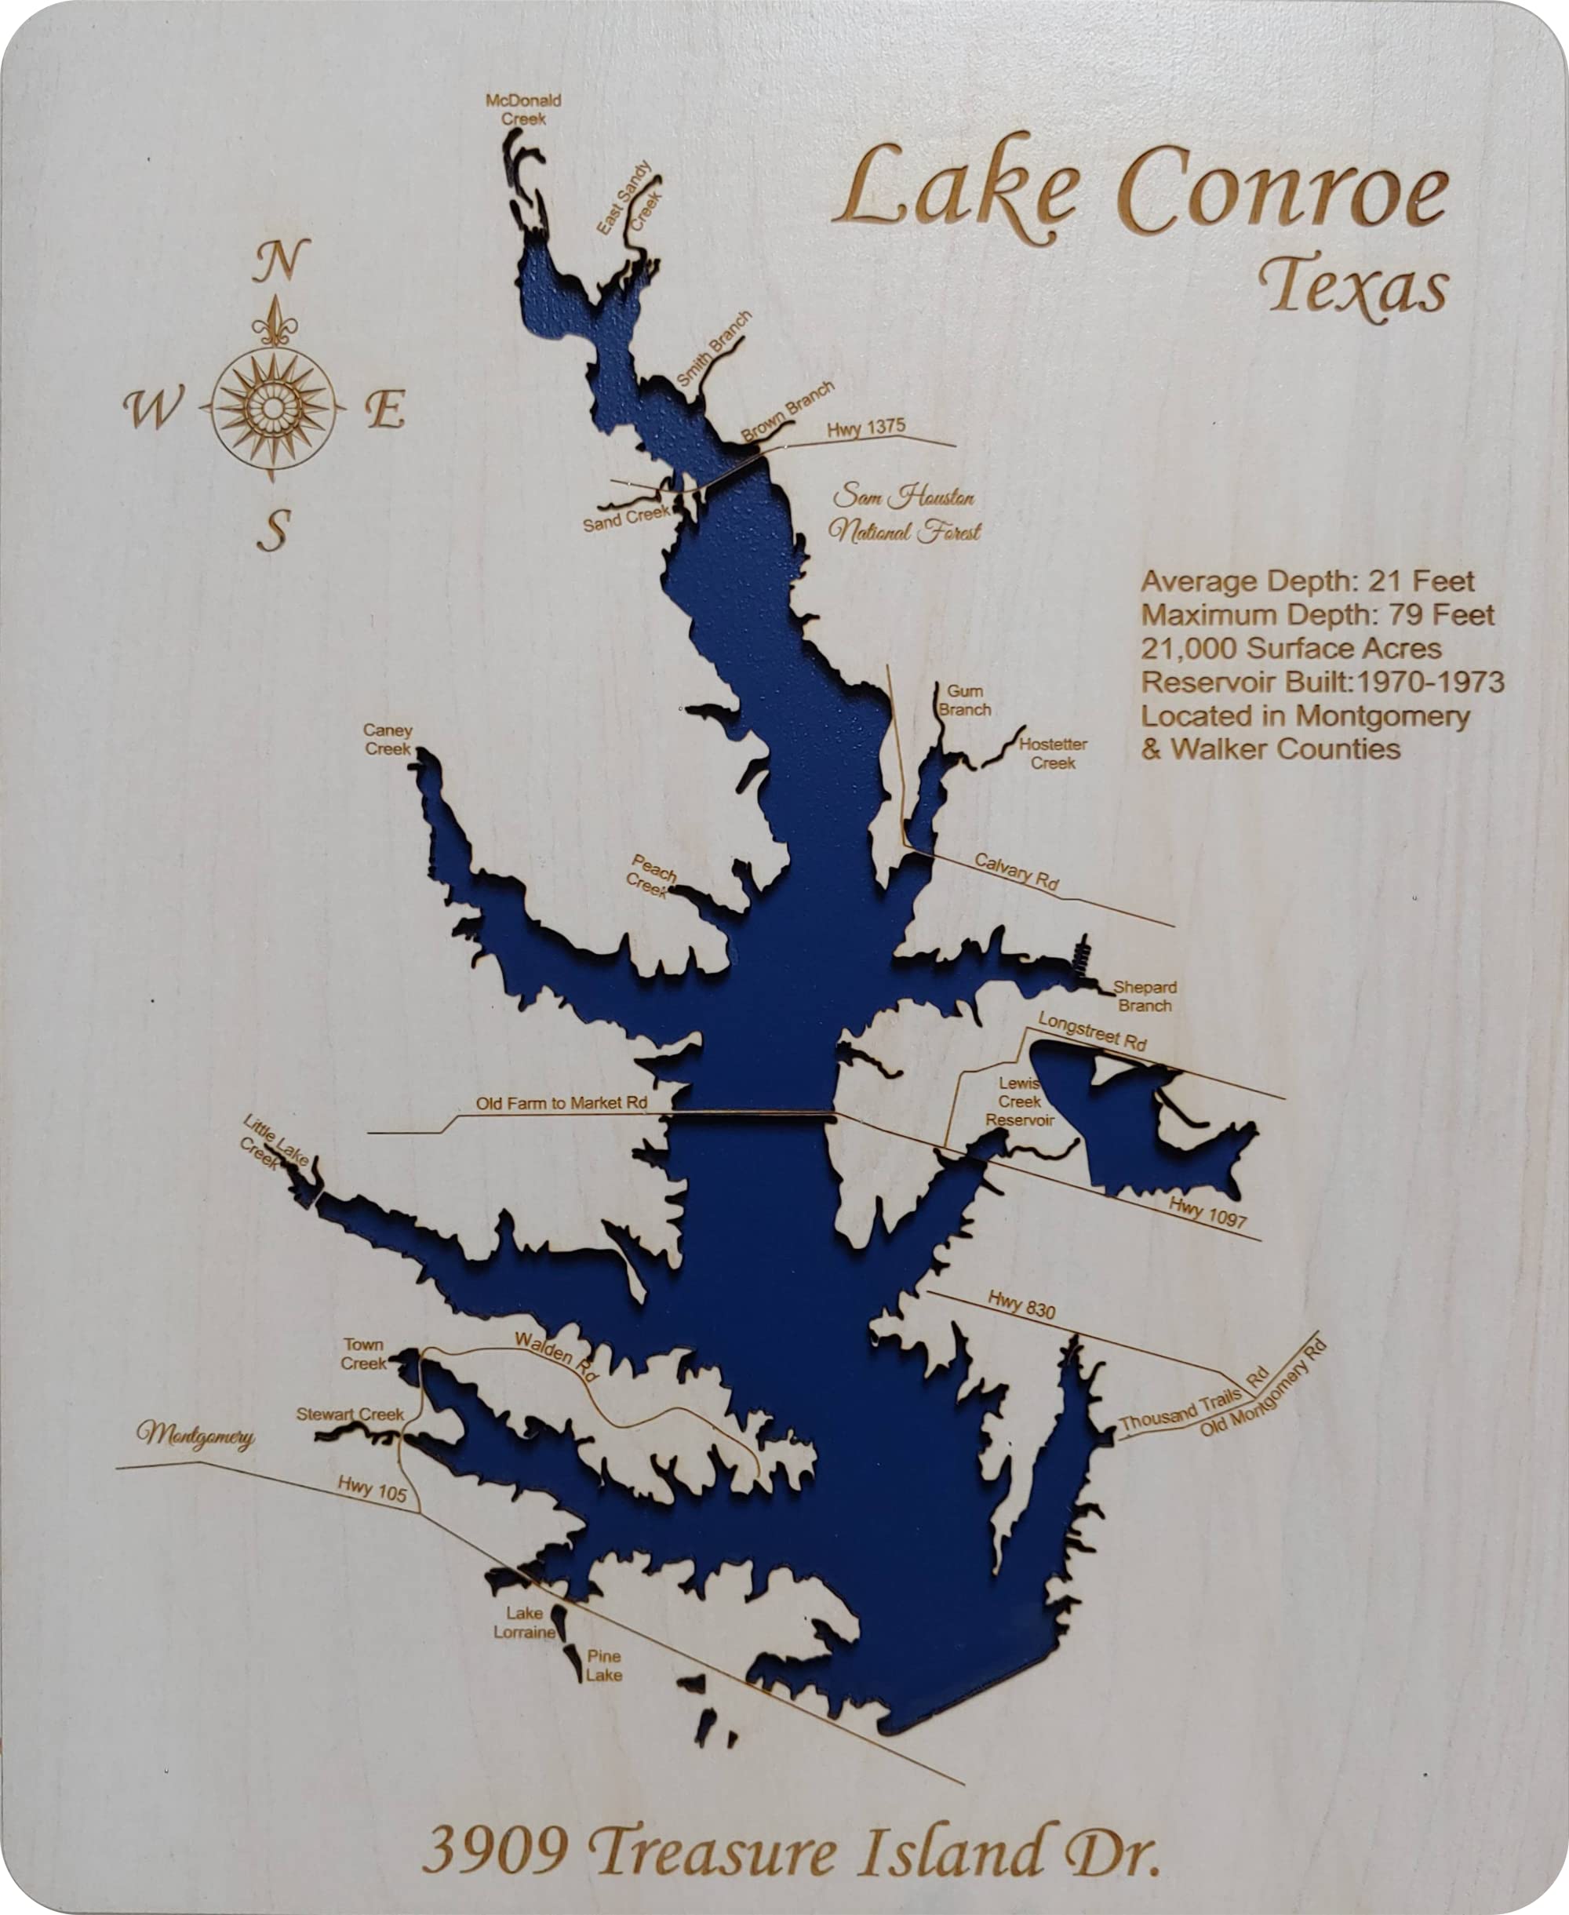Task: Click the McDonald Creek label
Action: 523,109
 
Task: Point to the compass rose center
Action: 273,408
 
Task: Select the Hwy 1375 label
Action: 866,428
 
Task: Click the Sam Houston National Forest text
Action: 905,513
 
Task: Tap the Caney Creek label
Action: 388,738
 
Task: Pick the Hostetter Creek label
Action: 1053,754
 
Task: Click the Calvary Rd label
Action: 1016,871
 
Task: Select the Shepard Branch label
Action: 1145,996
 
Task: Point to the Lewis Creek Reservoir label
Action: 1020,1101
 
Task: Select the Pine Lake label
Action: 604,1666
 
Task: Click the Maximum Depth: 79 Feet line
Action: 1318,614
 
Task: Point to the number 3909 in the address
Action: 495,1849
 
